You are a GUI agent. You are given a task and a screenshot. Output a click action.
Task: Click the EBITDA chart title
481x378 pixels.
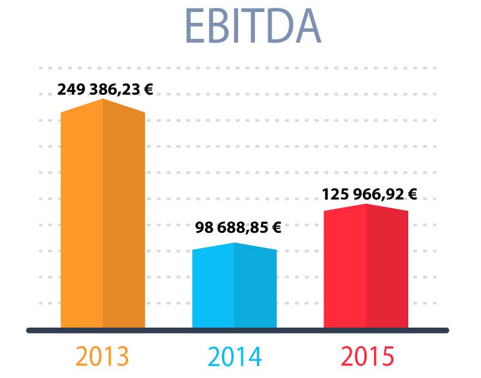(253, 26)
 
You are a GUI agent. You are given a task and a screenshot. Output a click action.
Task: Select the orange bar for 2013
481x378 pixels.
(103, 216)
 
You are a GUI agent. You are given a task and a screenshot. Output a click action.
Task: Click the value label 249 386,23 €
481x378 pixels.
(105, 89)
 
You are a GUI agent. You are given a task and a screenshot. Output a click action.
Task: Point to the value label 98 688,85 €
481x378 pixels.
(237, 227)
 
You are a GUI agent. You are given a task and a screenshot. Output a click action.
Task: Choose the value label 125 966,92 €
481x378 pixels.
(369, 194)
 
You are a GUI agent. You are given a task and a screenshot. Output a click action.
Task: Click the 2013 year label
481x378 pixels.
(102, 356)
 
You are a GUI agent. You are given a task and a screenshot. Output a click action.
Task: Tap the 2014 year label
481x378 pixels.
(234, 356)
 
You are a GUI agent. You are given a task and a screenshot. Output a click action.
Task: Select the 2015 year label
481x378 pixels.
(367, 356)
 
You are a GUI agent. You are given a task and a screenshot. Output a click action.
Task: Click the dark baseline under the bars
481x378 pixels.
(237, 330)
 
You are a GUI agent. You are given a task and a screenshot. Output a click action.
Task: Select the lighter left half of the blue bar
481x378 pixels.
(213, 288)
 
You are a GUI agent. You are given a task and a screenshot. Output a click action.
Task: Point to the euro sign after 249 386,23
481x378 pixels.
(148, 89)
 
